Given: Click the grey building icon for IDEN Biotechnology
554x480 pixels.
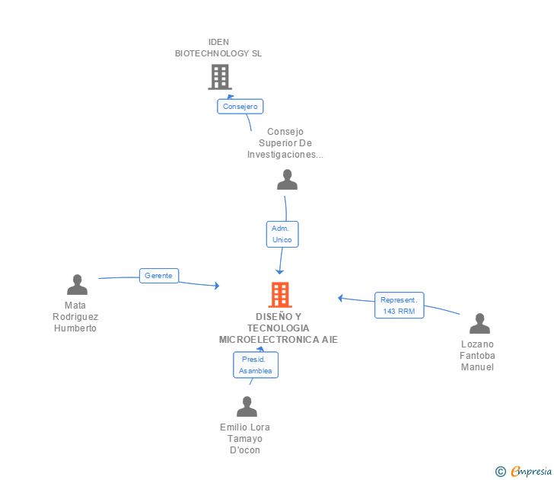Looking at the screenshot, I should pos(219,76).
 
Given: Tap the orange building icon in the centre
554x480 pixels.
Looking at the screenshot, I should pos(279,295).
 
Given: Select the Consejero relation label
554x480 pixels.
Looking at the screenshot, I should pos(240,107).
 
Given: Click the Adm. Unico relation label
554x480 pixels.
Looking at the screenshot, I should pos(282,234).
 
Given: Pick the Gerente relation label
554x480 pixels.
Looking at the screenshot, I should pos(158,276).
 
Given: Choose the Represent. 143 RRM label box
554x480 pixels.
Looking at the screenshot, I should pos(399,305).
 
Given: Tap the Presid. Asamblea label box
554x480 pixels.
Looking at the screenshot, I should pos(255,365).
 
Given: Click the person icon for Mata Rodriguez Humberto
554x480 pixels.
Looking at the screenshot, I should pos(77,285).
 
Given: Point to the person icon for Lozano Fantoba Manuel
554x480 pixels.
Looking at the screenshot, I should pos(479,324).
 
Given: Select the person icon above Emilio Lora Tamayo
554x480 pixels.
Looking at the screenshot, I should pos(247,407).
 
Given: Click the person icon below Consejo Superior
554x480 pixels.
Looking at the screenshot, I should pos(287,180).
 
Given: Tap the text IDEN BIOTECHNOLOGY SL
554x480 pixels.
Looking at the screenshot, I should pos(218,48).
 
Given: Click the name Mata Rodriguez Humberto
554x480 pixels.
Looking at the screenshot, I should pos(75,317).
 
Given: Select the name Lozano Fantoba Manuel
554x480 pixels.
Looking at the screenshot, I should pos(477,356).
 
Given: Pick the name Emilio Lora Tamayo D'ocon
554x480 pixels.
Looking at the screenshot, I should pos(245,438).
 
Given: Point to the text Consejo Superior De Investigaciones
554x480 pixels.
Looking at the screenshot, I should pos(285,143).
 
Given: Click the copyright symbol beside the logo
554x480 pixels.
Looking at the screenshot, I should pos(501,472).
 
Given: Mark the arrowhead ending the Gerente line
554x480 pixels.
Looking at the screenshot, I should pos(217,286).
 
